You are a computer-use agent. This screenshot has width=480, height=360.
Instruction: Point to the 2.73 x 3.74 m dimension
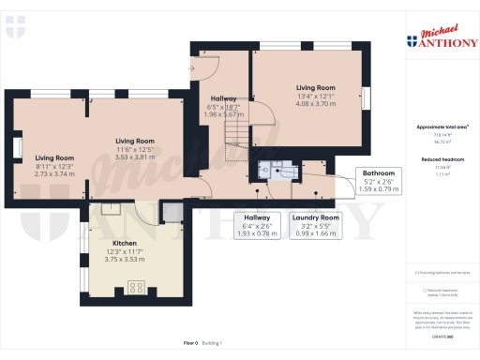[54, 173]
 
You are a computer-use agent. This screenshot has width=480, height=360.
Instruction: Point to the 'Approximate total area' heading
[442, 127]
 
